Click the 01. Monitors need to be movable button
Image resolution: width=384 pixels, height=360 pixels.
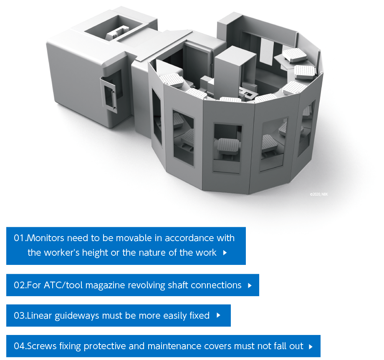coord(126,246)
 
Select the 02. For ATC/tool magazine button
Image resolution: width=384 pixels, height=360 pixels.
coord(132,285)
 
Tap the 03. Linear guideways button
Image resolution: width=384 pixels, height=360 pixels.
coord(118,315)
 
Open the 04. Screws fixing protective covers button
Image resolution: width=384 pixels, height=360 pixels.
coord(163,346)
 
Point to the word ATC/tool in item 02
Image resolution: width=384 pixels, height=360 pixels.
coord(63,285)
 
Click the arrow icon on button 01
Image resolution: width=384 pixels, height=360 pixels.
coord(225,252)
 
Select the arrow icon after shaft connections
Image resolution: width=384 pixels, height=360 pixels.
coord(250,285)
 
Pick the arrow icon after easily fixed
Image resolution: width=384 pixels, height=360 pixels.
coord(218,315)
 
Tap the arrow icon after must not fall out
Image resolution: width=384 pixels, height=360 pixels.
coord(311,347)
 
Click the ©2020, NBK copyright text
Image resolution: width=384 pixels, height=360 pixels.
coord(318,194)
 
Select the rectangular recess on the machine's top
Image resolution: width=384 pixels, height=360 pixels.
coord(114,28)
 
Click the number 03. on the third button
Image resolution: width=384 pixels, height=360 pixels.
coord(20,316)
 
